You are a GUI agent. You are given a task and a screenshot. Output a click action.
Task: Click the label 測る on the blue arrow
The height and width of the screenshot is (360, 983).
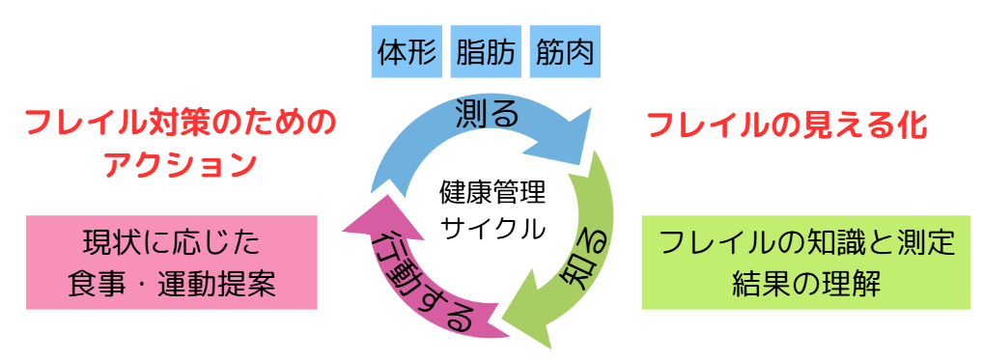487,114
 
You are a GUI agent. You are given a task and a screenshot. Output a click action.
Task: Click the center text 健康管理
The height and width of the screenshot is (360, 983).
491,192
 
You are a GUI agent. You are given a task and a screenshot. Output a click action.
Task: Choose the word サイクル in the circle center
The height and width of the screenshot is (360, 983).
491,229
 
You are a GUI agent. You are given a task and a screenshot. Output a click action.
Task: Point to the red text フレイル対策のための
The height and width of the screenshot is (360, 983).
181,123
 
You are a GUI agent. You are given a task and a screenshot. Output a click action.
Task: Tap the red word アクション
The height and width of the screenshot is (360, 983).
181,163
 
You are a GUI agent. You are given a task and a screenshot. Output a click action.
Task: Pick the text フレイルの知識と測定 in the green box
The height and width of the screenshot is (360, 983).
806,241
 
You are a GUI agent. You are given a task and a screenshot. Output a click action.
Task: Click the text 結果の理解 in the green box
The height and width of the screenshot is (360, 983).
806,283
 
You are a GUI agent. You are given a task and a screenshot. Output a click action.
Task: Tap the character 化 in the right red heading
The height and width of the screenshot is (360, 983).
911,125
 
